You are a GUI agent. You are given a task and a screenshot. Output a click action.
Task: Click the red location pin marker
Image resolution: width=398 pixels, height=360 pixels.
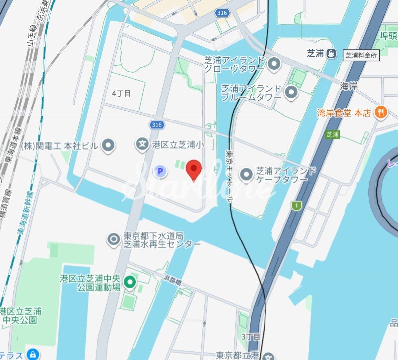click(x=193, y=170)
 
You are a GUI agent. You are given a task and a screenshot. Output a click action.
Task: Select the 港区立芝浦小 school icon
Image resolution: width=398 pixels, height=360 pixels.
click(x=143, y=145)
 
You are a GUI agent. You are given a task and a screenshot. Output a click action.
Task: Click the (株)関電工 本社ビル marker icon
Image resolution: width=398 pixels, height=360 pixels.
click(x=108, y=146)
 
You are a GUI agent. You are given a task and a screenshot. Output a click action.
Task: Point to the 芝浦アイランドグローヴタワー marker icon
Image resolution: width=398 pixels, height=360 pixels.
click(x=273, y=64)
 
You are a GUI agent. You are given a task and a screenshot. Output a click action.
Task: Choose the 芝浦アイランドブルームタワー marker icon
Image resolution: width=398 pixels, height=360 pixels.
click(x=291, y=92)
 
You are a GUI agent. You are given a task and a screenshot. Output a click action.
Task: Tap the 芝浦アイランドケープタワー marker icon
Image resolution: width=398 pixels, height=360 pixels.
click(x=247, y=175)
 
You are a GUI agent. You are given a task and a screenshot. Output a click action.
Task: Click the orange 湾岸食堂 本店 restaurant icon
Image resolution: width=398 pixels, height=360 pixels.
click(x=381, y=113)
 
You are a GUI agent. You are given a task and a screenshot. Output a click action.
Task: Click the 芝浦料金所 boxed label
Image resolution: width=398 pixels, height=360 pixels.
click(x=361, y=55)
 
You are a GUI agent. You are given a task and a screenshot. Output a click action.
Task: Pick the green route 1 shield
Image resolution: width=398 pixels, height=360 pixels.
click(x=297, y=205)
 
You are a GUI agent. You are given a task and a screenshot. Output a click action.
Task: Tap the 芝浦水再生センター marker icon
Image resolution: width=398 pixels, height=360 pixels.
click(x=114, y=240)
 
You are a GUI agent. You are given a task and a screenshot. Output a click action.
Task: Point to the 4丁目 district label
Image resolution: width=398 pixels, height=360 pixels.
click(x=121, y=93)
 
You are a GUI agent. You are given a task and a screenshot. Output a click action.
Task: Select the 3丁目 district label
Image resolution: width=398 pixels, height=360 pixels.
click(x=251, y=337)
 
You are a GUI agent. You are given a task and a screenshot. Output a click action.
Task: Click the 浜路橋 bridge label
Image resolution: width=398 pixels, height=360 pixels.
click(x=174, y=279)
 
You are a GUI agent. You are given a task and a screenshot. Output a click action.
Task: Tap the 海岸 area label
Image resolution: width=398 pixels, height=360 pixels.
click(x=349, y=86)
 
